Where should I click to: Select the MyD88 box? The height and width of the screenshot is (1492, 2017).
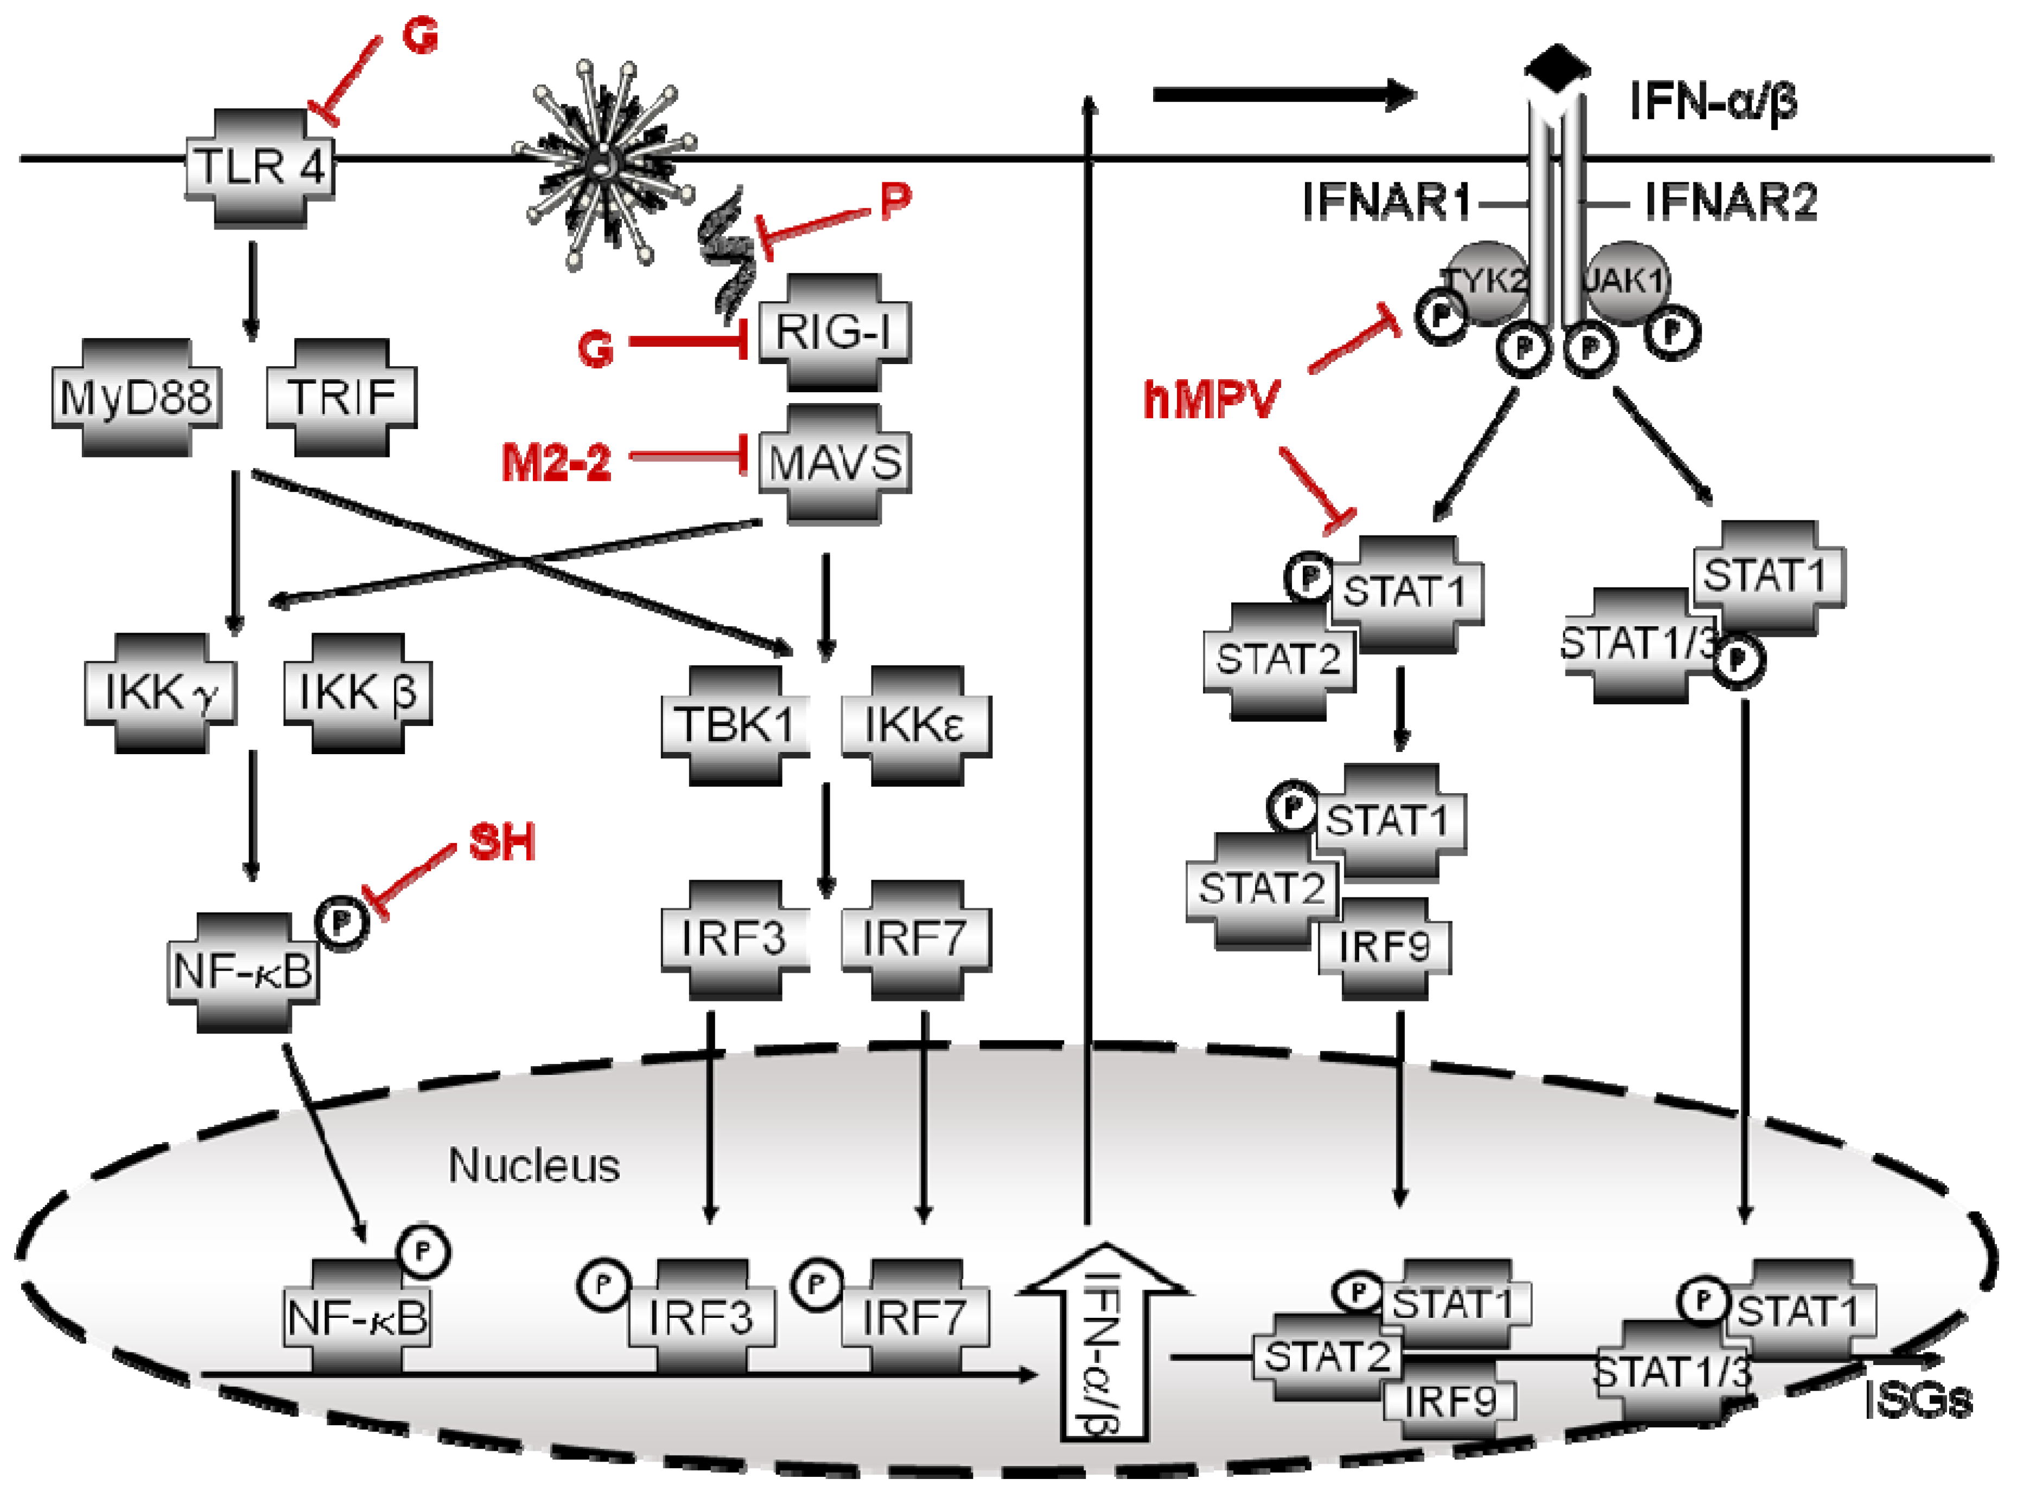point(136,397)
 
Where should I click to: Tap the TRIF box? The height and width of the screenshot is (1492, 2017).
point(341,397)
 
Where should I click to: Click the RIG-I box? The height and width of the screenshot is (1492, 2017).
point(833,333)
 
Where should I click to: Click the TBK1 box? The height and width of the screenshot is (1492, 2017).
point(734,724)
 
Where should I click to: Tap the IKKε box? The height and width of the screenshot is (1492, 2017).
point(915,724)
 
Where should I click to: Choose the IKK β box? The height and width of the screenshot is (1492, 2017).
point(358,693)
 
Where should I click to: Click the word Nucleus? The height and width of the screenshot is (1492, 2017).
point(534,1166)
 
